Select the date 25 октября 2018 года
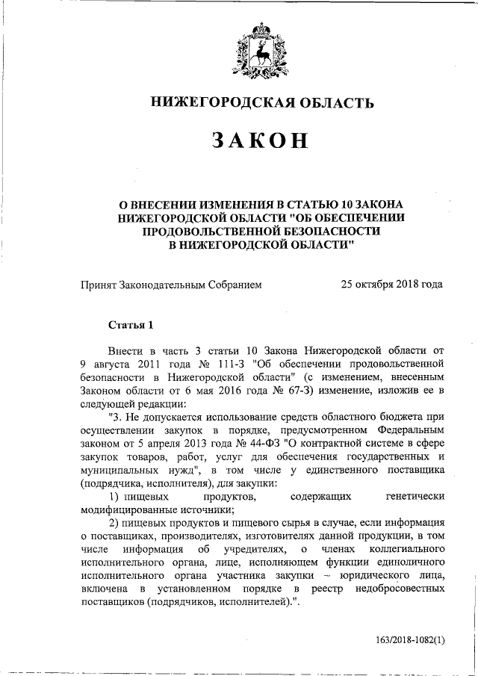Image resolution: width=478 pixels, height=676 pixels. click(x=391, y=284)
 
